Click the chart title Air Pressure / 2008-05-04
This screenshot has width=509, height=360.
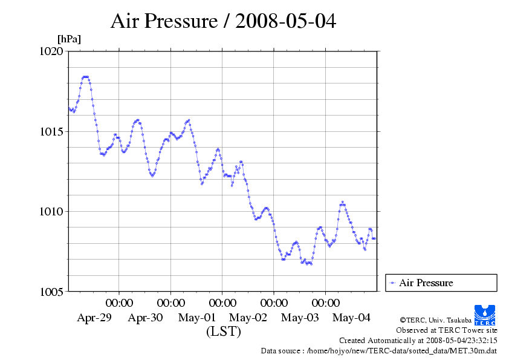point(223,22)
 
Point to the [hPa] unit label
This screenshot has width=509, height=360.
point(69,39)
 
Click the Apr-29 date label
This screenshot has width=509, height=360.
point(94,318)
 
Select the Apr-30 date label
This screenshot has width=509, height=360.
point(146,318)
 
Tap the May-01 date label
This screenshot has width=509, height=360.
point(197,318)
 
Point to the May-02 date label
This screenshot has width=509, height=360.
point(248,318)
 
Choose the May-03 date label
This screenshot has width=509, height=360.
point(300,318)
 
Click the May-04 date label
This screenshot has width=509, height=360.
point(352,318)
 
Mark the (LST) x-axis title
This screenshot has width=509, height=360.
point(223,332)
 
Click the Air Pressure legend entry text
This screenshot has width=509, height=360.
point(426,283)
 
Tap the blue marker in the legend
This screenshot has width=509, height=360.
point(392,283)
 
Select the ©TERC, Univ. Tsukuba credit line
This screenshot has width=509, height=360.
point(435,320)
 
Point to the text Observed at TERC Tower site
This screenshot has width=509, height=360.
point(446,330)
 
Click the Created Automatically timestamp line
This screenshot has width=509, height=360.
point(418,341)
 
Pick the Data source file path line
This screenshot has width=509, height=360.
point(379,351)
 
